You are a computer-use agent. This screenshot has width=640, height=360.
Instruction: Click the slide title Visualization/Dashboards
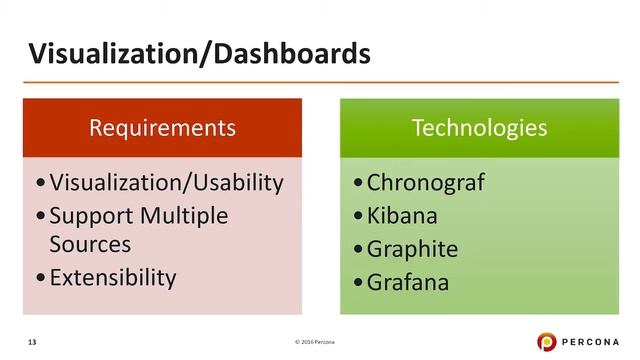(x=198, y=52)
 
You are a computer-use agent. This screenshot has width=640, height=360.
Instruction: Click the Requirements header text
(x=162, y=128)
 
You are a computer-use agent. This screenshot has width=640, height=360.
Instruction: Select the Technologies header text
(x=479, y=128)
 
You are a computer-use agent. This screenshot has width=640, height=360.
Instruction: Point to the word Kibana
(x=402, y=215)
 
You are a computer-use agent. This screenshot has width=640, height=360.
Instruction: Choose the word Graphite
(x=412, y=248)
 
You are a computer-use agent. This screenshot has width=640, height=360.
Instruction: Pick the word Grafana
(x=407, y=282)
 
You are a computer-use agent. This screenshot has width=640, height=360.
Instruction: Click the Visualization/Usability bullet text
(x=166, y=182)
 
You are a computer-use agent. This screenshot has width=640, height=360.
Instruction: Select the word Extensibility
(x=112, y=276)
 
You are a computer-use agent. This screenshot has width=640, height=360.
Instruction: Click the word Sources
(x=90, y=243)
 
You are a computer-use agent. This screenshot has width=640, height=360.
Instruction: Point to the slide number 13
(x=32, y=343)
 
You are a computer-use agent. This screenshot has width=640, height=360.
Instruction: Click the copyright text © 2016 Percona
(x=322, y=343)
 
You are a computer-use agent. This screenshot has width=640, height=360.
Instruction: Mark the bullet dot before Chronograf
(x=358, y=184)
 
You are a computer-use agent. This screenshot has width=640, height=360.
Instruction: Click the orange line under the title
(x=320, y=82)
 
